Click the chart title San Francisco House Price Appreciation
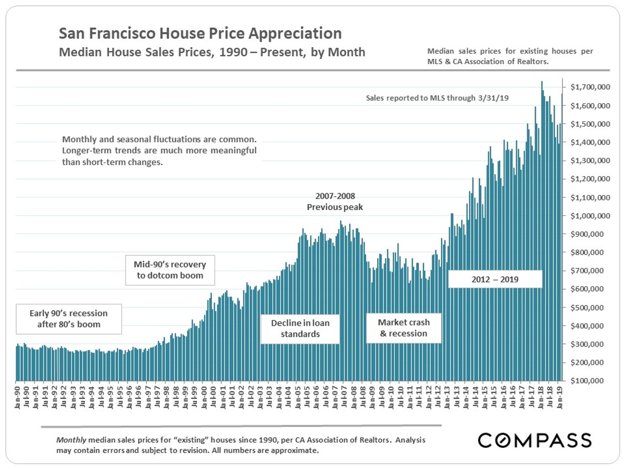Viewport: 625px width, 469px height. [x=200, y=33]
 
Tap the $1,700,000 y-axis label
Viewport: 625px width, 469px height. [x=590, y=87]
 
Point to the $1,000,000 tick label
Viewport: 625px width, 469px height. [x=590, y=216]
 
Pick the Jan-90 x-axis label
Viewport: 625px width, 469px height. [x=17, y=398]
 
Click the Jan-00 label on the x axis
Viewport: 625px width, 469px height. [x=204, y=398]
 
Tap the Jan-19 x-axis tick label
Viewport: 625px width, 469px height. [x=559, y=398]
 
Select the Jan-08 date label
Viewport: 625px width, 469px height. [x=353, y=398]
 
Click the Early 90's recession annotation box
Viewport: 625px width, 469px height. [x=69, y=319]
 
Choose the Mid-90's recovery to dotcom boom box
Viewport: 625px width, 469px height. [x=170, y=270]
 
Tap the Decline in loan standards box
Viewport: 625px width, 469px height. [x=300, y=329]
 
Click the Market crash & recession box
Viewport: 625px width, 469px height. [x=404, y=328]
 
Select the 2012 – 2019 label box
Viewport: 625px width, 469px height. [x=495, y=279]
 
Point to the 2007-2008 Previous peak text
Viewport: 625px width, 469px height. [x=335, y=202]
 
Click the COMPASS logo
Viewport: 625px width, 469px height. [x=535, y=440]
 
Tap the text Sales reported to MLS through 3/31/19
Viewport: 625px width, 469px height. [x=437, y=98]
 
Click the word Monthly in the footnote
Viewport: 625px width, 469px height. [x=71, y=440]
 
